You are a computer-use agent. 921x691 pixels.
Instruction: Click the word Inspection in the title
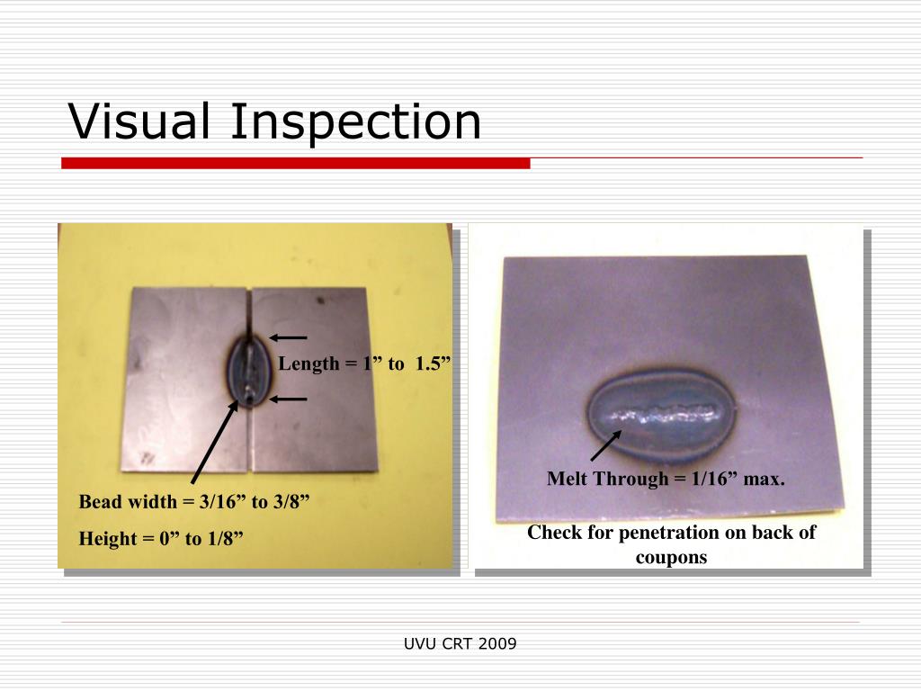click(x=355, y=123)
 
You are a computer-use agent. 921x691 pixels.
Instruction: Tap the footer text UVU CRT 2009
click(x=460, y=643)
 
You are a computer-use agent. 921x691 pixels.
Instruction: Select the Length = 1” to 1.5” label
click(x=364, y=363)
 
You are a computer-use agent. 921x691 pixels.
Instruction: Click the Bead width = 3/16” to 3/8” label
click(x=194, y=501)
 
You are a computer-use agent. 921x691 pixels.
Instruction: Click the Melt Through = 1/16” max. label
click(x=666, y=479)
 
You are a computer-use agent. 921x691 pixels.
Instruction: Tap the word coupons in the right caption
click(x=671, y=557)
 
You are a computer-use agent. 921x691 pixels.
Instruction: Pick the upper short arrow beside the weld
click(x=288, y=338)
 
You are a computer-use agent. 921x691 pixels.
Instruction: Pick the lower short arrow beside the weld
click(x=288, y=398)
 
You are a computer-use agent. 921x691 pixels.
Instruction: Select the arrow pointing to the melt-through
click(x=605, y=445)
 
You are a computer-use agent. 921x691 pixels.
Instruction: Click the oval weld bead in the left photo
click(x=247, y=371)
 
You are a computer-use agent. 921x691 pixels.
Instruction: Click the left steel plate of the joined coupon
click(x=184, y=378)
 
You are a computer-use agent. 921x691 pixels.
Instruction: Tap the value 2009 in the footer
click(x=498, y=643)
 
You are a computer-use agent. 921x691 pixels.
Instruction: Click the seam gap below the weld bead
click(x=247, y=441)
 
